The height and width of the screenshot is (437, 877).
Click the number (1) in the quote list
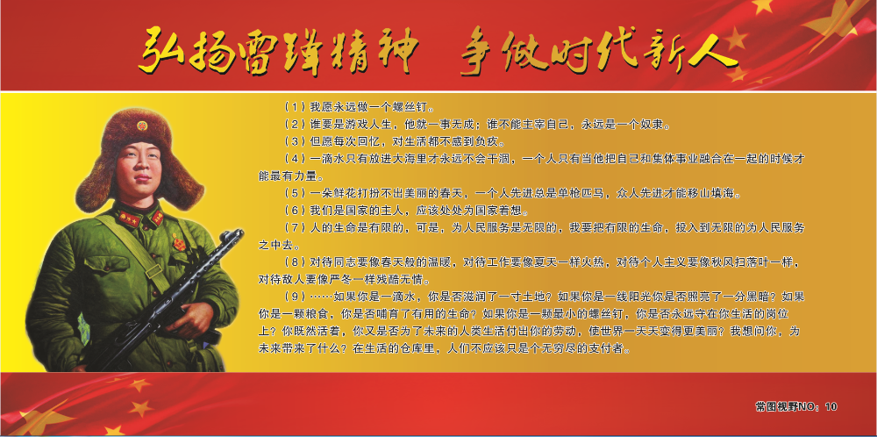click(x=296, y=106)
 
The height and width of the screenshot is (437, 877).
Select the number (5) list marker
click(x=296, y=194)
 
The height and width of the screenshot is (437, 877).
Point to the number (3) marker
click(x=296, y=140)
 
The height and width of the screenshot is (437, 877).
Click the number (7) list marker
click(x=296, y=228)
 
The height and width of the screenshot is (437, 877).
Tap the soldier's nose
click(x=139, y=164)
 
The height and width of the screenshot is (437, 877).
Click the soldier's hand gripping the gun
click(x=196, y=319)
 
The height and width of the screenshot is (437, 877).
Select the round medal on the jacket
click(x=179, y=244)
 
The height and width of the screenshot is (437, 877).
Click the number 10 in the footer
click(x=831, y=407)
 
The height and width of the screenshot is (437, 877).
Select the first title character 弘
click(x=158, y=52)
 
